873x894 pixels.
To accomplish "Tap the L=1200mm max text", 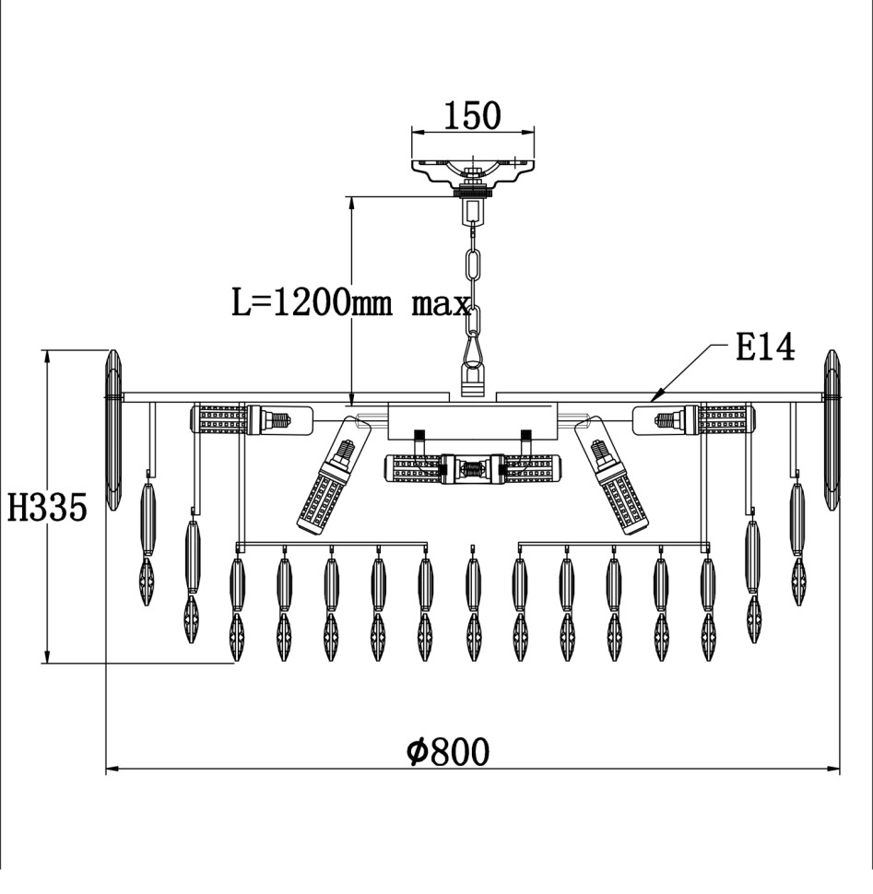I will click(x=351, y=303).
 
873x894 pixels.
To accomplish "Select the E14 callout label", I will click(x=764, y=348).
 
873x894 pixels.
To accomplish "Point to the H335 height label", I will click(x=47, y=508).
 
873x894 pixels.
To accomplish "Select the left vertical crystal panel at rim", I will click(x=113, y=431).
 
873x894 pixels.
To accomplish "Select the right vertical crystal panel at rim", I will click(x=832, y=431).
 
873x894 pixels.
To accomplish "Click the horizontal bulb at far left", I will click(x=249, y=420).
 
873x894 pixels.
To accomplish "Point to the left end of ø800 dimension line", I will click(x=107, y=768).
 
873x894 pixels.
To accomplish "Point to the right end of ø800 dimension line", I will click(x=840, y=768).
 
